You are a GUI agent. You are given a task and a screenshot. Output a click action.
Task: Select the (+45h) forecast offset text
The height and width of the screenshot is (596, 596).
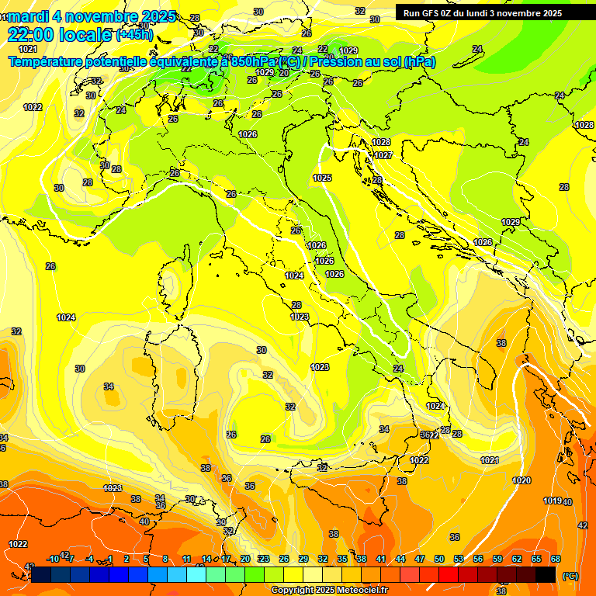(x=134, y=35)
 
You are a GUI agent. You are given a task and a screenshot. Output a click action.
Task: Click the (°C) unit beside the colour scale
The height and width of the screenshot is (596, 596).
(x=570, y=576)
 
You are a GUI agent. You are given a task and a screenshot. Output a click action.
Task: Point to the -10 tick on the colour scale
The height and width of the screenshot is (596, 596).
(x=53, y=559)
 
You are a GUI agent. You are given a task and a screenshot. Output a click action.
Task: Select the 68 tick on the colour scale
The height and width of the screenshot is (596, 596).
(x=556, y=559)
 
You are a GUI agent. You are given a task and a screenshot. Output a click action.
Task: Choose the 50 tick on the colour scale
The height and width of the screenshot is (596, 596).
(x=439, y=559)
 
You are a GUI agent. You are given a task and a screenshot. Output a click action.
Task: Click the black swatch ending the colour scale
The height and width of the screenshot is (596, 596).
(x=546, y=574)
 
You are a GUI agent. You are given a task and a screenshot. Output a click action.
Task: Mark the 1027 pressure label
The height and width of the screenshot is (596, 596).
(x=383, y=155)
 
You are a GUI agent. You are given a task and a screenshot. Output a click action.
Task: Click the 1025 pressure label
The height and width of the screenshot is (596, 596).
(x=322, y=178)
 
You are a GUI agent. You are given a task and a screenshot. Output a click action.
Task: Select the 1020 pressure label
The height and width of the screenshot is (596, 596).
(x=521, y=480)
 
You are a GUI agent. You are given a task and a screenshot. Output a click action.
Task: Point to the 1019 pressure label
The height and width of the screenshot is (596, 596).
(x=552, y=501)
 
